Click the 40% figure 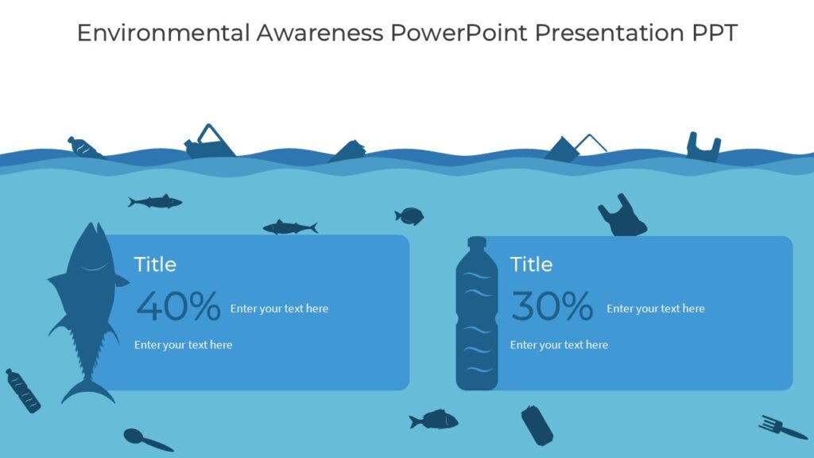[x=178, y=306]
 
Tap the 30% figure [x=552, y=306]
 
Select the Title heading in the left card [x=155, y=264]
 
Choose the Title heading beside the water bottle [x=531, y=264]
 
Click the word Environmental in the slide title [x=163, y=33]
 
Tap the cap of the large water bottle [x=477, y=243]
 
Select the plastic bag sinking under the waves [x=621, y=217]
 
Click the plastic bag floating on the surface [x=703, y=146]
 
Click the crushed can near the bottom [x=537, y=425]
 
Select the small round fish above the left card [x=410, y=215]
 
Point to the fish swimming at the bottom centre [x=435, y=419]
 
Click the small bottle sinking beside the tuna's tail [x=22, y=390]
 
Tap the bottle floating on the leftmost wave [x=84, y=147]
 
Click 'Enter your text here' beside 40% [x=279, y=309]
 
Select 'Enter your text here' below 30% [x=559, y=345]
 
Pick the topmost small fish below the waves [x=156, y=202]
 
